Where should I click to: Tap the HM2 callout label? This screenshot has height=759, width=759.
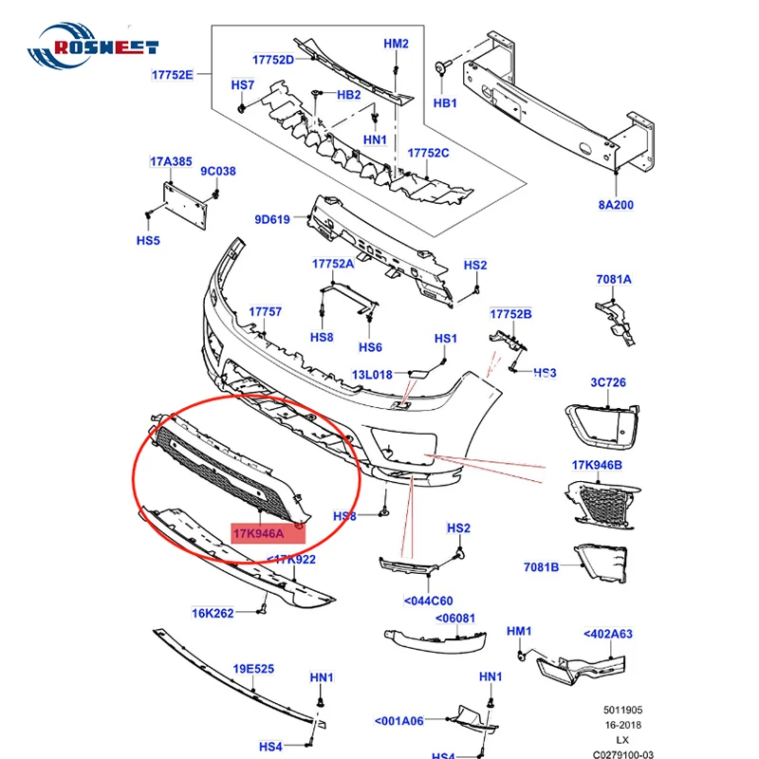396,44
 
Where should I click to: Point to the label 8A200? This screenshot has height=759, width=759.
615,204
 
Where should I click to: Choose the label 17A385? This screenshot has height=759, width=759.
171,162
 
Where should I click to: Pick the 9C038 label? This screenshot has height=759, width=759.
217,172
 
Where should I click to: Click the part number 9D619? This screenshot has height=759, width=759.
271,220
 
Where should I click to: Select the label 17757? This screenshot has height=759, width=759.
265,311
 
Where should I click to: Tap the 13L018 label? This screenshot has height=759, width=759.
373,375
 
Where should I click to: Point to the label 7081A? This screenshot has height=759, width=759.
614,279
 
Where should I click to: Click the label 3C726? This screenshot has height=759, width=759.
609,382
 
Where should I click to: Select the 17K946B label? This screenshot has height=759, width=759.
596,465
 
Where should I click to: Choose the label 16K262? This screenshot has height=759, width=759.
213,613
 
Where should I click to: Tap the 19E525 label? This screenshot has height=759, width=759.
254,669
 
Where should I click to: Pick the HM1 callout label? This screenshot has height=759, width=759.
519,631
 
